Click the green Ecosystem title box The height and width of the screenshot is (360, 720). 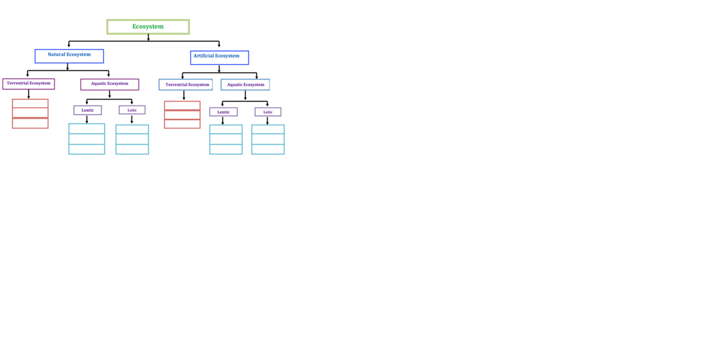click(148, 27)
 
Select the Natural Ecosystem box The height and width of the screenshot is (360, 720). click(69, 56)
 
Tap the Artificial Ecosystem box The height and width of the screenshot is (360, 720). click(219, 57)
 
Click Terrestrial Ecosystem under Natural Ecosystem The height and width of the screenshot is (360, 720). click(28, 84)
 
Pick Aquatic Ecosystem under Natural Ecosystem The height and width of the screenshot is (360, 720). click(109, 84)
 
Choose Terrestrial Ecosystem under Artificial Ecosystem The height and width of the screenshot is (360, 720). click(185, 85)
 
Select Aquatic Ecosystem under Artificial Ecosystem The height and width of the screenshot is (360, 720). click(245, 85)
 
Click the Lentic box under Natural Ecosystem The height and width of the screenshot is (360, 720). click(88, 110)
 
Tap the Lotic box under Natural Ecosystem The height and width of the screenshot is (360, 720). click(132, 110)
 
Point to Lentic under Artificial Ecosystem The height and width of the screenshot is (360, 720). click(224, 112)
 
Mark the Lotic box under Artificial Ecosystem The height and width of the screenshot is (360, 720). click(268, 112)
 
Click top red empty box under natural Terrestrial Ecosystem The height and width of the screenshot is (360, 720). click(30, 104)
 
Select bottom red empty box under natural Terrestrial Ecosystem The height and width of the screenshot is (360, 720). click(30, 124)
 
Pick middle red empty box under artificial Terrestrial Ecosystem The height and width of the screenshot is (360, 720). click(182, 115)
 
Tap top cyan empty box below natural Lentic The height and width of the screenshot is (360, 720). click(87, 129)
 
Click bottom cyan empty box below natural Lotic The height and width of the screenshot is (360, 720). click(132, 149)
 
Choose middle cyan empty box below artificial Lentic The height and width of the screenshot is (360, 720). click(226, 139)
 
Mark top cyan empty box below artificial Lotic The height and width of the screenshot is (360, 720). click(268, 129)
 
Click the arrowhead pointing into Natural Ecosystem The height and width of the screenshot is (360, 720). click(69, 46)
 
